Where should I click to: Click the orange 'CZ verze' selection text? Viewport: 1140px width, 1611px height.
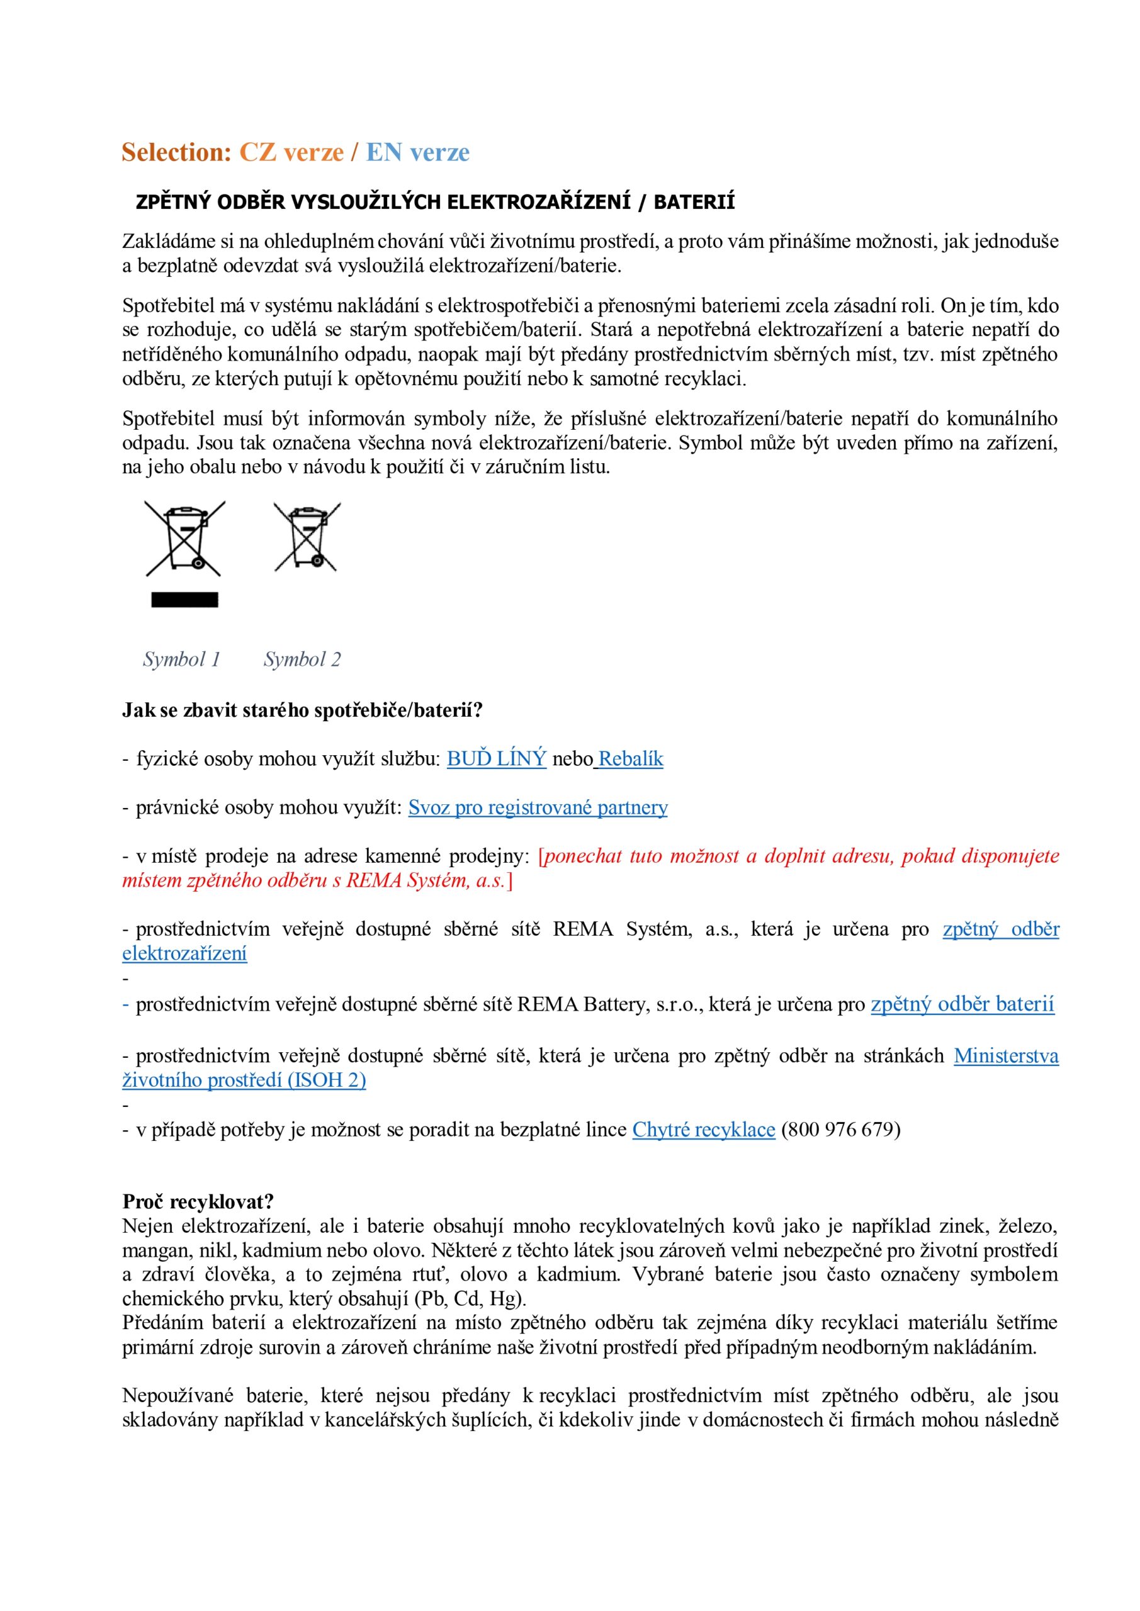(x=291, y=152)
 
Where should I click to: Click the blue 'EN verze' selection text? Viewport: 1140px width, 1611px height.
(x=418, y=152)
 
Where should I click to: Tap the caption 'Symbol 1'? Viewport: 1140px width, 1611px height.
(x=182, y=659)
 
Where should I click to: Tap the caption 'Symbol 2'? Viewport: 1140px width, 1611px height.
(x=302, y=659)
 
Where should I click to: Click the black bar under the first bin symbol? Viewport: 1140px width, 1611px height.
(x=184, y=599)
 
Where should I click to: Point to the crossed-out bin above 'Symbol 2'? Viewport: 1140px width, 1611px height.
(x=307, y=536)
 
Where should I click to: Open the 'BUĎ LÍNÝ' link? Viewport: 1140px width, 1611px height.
(x=496, y=758)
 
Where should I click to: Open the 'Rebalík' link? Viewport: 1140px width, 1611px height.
(x=630, y=758)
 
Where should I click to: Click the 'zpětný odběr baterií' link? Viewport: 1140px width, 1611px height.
(x=962, y=1004)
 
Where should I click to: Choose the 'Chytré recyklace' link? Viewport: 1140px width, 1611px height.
(x=703, y=1130)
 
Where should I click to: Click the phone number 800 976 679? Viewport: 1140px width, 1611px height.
(x=840, y=1130)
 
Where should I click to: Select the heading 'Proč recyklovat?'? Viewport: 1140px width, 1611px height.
(x=198, y=1201)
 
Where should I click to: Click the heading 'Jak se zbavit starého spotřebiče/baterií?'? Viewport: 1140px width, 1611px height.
(x=303, y=710)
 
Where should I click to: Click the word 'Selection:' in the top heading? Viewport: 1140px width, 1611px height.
(x=176, y=152)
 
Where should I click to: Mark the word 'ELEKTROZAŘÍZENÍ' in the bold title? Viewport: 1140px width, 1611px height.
(x=538, y=202)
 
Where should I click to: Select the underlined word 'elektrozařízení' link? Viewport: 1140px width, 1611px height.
(x=184, y=953)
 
